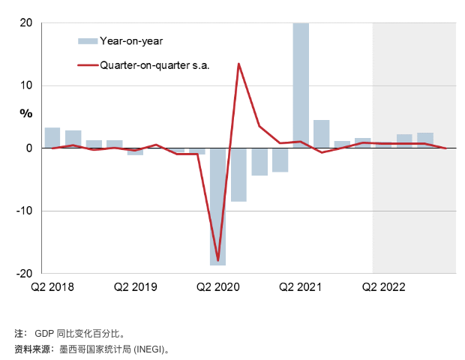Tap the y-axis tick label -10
click(24, 211)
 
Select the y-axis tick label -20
click(24, 273)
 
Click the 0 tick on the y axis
click(28, 148)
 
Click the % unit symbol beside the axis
click(26, 114)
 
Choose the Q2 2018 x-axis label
click(52, 286)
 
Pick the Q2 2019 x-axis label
click(135, 286)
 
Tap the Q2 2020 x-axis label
click(217, 286)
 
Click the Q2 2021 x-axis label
click(300, 286)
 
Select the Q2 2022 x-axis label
click(383, 286)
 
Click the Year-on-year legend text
click(131, 40)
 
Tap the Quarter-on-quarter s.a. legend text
click(154, 65)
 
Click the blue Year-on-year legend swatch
click(87, 40)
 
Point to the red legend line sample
click(87, 65)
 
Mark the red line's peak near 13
click(238, 64)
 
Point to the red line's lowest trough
click(218, 260)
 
